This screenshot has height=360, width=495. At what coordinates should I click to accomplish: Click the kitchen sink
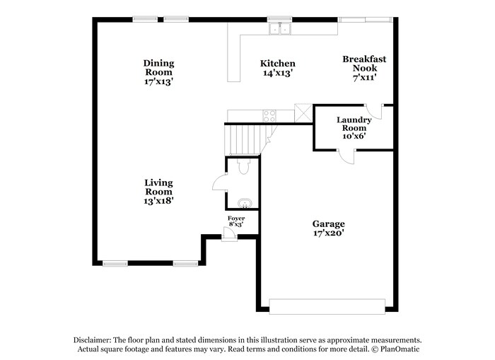(x=281, y=29)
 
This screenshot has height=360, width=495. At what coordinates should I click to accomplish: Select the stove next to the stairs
(x=269, y=116)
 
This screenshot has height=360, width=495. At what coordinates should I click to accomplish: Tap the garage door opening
(x=327, y=306)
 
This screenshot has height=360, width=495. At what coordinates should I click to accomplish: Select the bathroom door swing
(x=218, y=182)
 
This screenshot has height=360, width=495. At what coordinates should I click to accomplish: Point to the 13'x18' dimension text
(x=159, y=201)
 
